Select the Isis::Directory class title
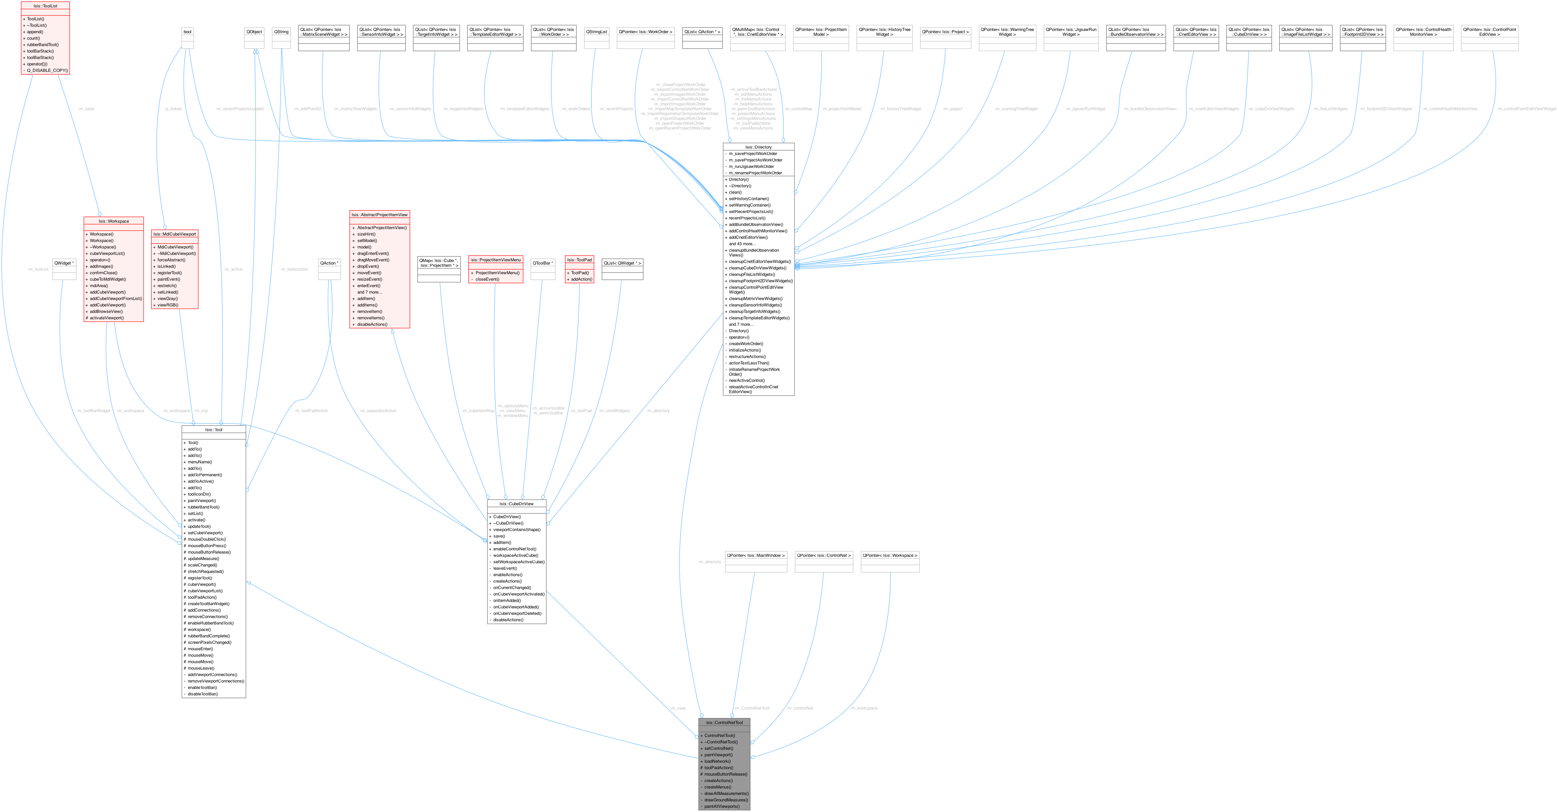(x=758, y=147)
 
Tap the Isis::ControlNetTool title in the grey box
(x=724, y=722)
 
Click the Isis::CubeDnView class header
(x=517, y=504)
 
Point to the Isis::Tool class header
(x=213, y=430)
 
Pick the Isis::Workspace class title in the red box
(x=114, y=221)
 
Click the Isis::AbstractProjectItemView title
(x=379, y=215)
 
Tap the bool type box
(x=188, y=32)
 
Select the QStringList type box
(x=596, y=32)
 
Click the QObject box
(x=254, y=32)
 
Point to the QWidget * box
(x=64, y=263)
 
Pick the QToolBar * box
(x=542, y=263)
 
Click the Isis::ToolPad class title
(x=579, y=260)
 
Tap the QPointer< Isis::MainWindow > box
(x=756, y=555)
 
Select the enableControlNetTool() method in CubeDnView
(x=514, y=549)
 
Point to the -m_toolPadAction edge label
(x=311, y=411)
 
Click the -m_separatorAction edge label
(x=378, y=411)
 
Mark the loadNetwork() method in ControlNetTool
(x=717, y=761)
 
